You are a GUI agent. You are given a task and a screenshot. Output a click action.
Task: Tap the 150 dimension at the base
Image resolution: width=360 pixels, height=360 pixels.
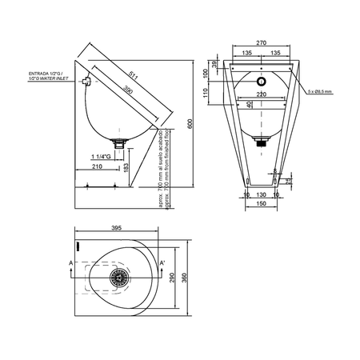(x=260, y=202)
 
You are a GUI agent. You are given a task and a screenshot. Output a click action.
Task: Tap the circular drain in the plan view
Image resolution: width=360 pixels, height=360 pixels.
(x=121, y=276)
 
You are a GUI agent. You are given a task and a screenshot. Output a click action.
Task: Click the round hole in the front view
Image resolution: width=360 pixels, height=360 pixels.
(x=260, y=82)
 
